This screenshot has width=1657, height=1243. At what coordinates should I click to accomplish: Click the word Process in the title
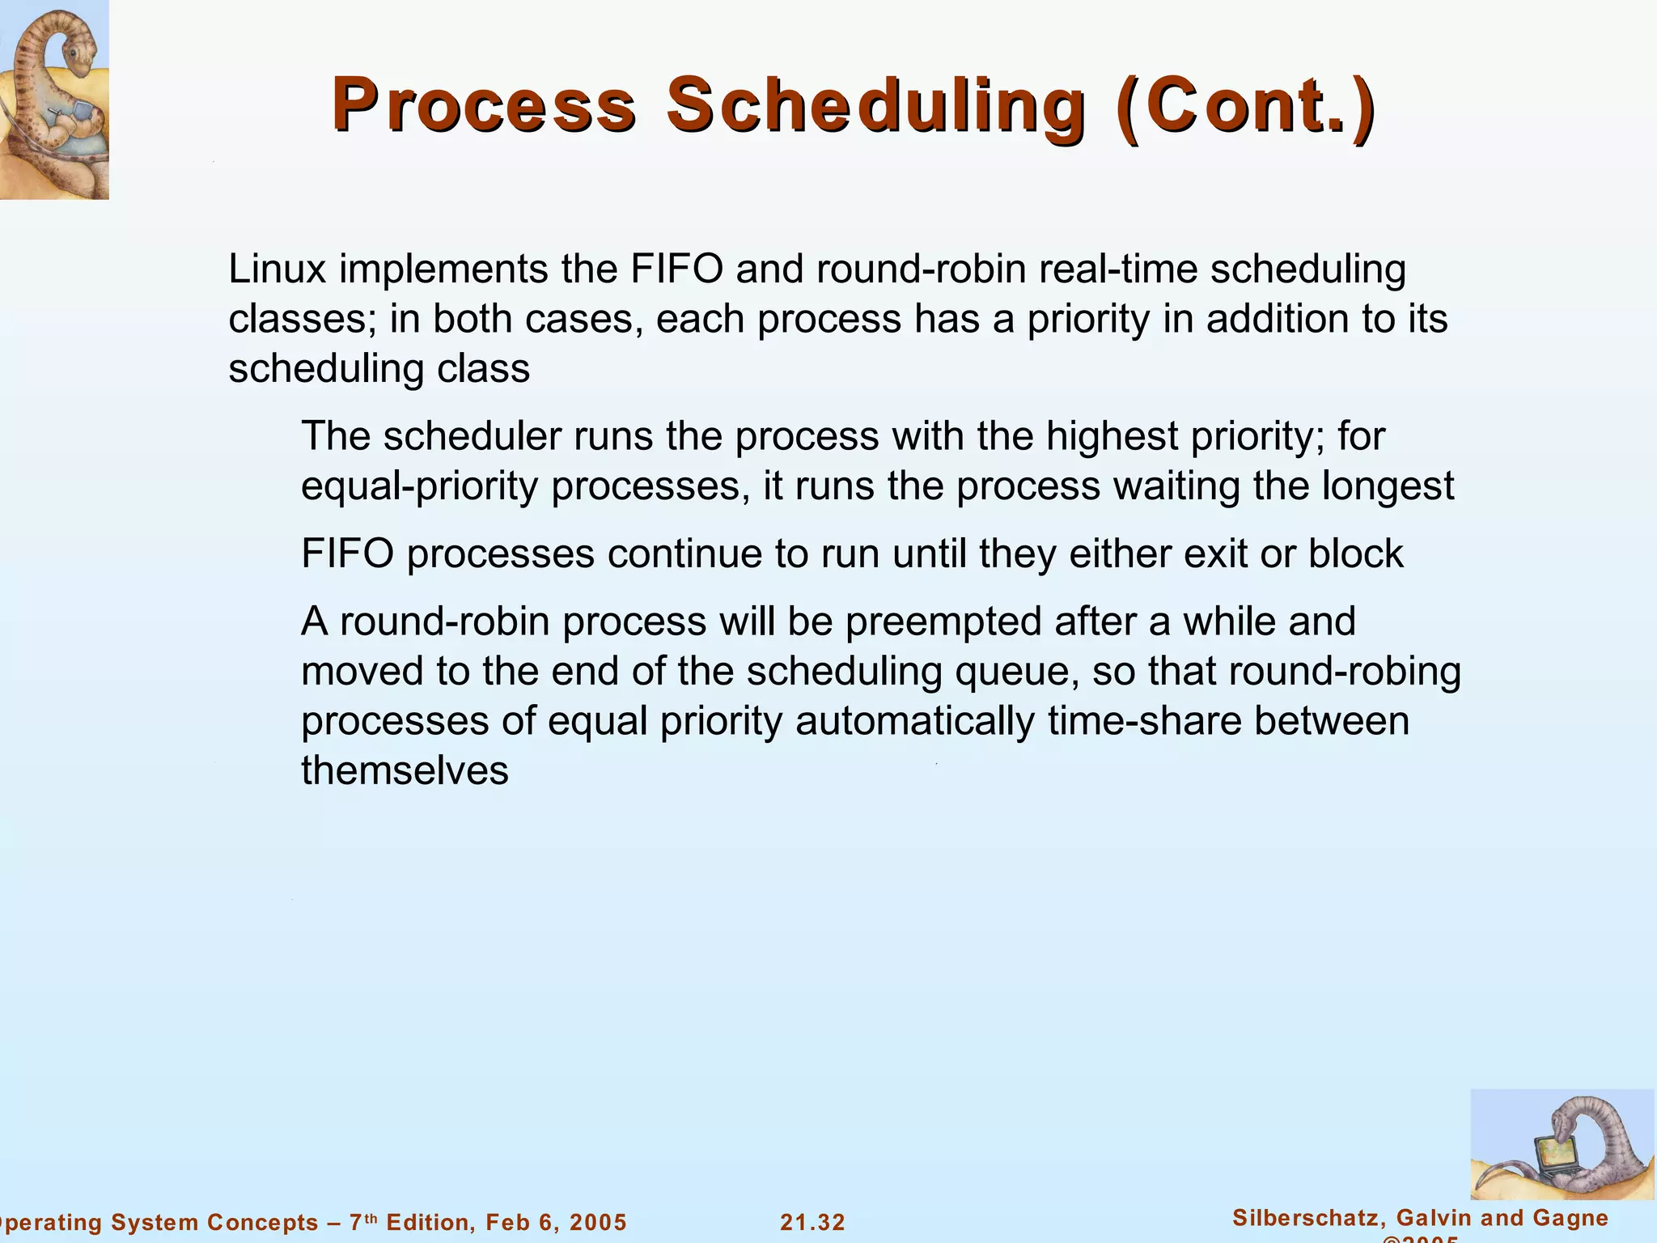[x=484, y=105]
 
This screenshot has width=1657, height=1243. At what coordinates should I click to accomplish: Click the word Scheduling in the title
[x=875, y=105]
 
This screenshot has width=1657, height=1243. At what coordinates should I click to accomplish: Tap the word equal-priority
[x=419, y=486]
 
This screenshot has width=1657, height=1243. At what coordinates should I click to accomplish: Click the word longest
[x=1388, y=486]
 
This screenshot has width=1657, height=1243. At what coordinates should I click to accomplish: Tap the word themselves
[x=405, y=770]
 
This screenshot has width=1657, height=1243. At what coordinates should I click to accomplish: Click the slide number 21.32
[x=812, y=1222]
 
